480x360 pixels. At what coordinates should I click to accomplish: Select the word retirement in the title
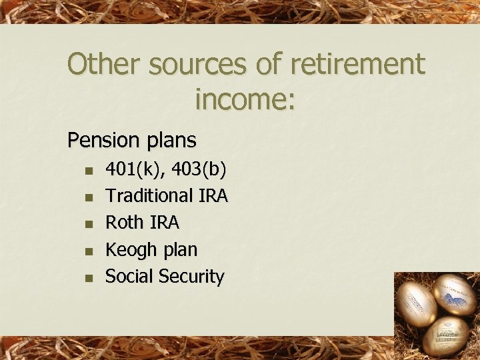point(350,65)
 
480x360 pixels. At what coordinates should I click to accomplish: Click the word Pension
point(101,141)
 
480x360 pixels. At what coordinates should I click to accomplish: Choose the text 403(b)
point(199,169)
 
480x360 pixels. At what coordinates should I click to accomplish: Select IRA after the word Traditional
point(213,196)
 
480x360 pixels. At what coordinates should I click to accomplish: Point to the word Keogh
point(131,250)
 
